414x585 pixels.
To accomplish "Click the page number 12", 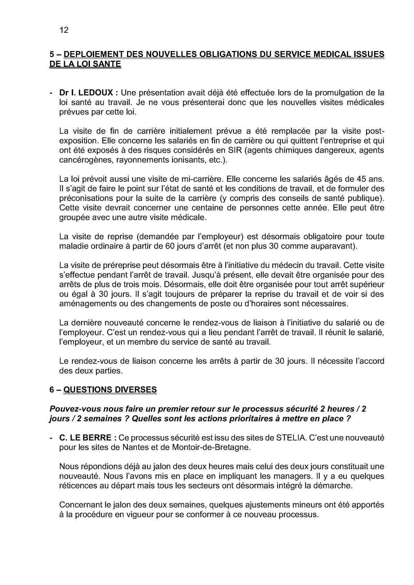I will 64,30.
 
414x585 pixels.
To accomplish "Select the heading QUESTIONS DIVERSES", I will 110,390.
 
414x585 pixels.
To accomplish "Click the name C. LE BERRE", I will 85,438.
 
